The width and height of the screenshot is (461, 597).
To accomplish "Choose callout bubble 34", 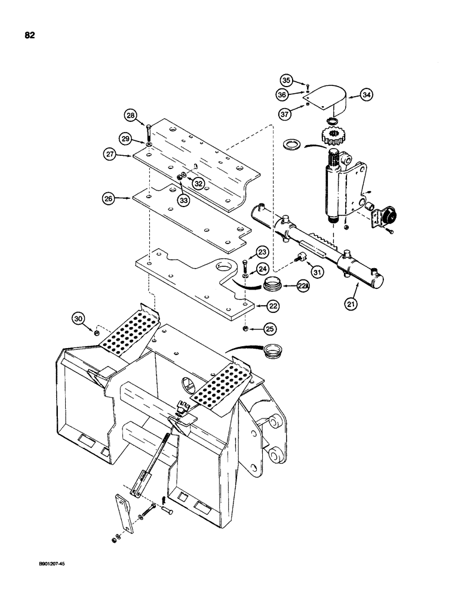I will (x=365, y=94).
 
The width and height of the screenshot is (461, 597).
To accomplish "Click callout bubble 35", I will (x=287, y=79).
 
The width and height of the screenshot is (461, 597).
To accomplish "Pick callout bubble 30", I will (x=78, y=318).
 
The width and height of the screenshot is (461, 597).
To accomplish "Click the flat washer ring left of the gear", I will (x=293, y=144).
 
